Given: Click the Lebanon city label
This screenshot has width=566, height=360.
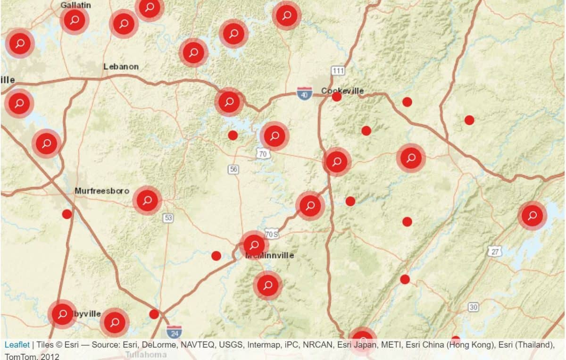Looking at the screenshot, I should pyautogui.click(x=121, y=67).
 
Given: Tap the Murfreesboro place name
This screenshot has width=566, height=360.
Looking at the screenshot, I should pyautogui.click(x=101, y=191).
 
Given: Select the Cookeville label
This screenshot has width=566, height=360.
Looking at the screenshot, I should pyautogui.click(x=342, y=91).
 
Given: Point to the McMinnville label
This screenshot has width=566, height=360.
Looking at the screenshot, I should pyautogui.click(x=270, y=256).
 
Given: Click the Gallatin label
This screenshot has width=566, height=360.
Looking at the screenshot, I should pyautogui.click(x=76, y=5).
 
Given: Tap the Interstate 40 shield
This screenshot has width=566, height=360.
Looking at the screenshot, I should pyautogui.click(x=304, y=93).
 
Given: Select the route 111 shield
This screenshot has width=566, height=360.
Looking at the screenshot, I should pyautogui.click(x=338, y=71).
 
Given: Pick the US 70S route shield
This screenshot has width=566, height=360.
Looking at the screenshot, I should pyautogui.click(x=271, y=234).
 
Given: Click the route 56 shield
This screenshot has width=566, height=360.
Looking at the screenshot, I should pyautogui.click(x=233, y=169).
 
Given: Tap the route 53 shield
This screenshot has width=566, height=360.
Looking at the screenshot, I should pyautogui.click(x=168, y=218).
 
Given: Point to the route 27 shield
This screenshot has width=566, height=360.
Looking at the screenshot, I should pyautogui.click(x=494, y=251).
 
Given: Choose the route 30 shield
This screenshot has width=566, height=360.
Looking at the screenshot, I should pyautogui.click(x=473, y=307).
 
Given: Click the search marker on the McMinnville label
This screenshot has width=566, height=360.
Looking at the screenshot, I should pyautogui.click(x=254, y=245).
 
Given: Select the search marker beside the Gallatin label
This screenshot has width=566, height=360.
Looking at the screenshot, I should pyautogui.click(x=75, y=20).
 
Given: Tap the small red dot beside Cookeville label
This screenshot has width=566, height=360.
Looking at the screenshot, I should pyautogui.click(x=337, y=97).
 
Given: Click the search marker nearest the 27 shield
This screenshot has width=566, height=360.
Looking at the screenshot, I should pyautogui.click(x=533, y=216).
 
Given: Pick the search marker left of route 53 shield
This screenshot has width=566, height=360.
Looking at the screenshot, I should pyautogui.click(x=147, y=200).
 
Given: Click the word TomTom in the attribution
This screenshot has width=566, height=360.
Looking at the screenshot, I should pyautogui.click(x=19, y=356).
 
